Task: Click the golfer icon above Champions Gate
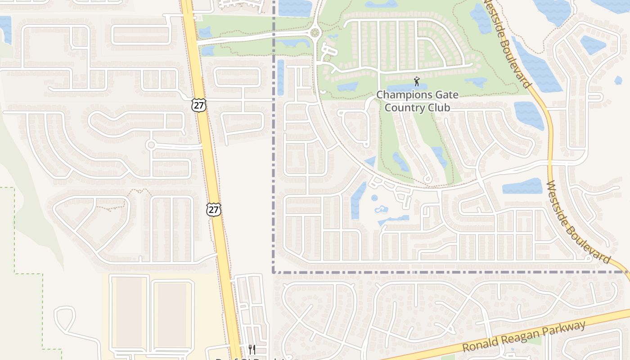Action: pos(416,82)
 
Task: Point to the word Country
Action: pos(404,108)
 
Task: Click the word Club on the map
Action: pos(439,108)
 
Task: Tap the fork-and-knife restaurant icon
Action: pos(252,349)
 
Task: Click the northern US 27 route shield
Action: pos(198,105)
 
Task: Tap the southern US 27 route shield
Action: pos(214,209)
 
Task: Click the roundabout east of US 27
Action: pos(315,33)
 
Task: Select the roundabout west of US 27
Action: pos(151,145)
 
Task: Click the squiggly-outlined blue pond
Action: pos(381,209)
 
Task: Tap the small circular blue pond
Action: pos(374,198)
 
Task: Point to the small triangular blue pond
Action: pos(371,162)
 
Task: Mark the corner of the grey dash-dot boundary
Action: pos(274,272)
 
